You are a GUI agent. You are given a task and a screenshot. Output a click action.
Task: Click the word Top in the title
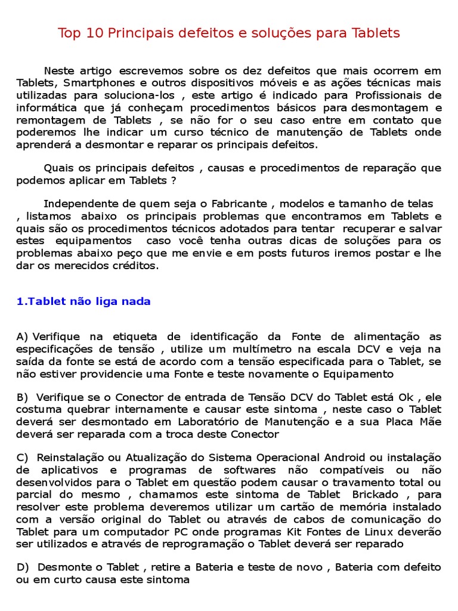[69, 33]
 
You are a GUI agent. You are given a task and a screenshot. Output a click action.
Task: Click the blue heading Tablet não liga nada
[83, 301]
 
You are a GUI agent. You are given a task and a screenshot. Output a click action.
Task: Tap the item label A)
[23, 337]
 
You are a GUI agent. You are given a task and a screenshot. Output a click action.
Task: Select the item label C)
[23, 458]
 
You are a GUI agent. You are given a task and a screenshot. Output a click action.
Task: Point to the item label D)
[23, 566]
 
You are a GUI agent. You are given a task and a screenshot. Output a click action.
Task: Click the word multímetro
[242, 349]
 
